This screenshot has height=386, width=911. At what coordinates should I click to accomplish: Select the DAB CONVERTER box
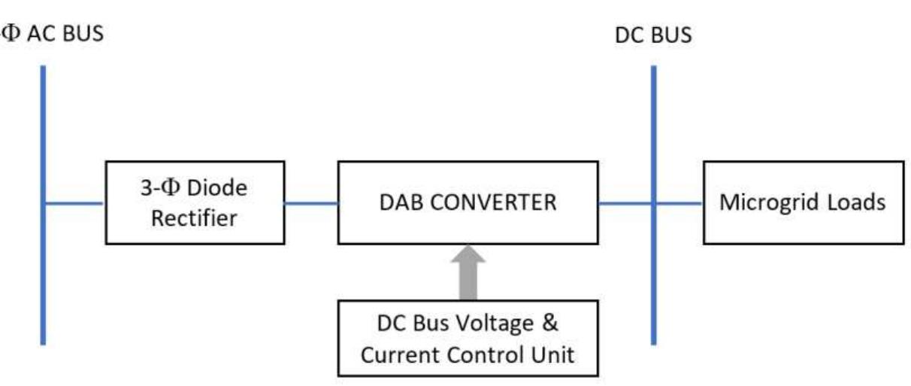468,202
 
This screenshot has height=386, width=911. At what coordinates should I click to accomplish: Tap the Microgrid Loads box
802,202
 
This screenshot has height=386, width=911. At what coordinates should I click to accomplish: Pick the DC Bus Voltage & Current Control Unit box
468,338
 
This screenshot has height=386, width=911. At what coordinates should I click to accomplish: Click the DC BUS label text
652,35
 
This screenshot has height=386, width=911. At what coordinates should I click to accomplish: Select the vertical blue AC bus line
44,286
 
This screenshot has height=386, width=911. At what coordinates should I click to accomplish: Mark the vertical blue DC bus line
652,286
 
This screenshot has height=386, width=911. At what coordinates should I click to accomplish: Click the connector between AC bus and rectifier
74,202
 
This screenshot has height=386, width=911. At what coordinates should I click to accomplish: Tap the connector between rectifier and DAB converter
311,202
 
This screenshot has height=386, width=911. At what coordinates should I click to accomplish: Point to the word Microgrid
774,202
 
